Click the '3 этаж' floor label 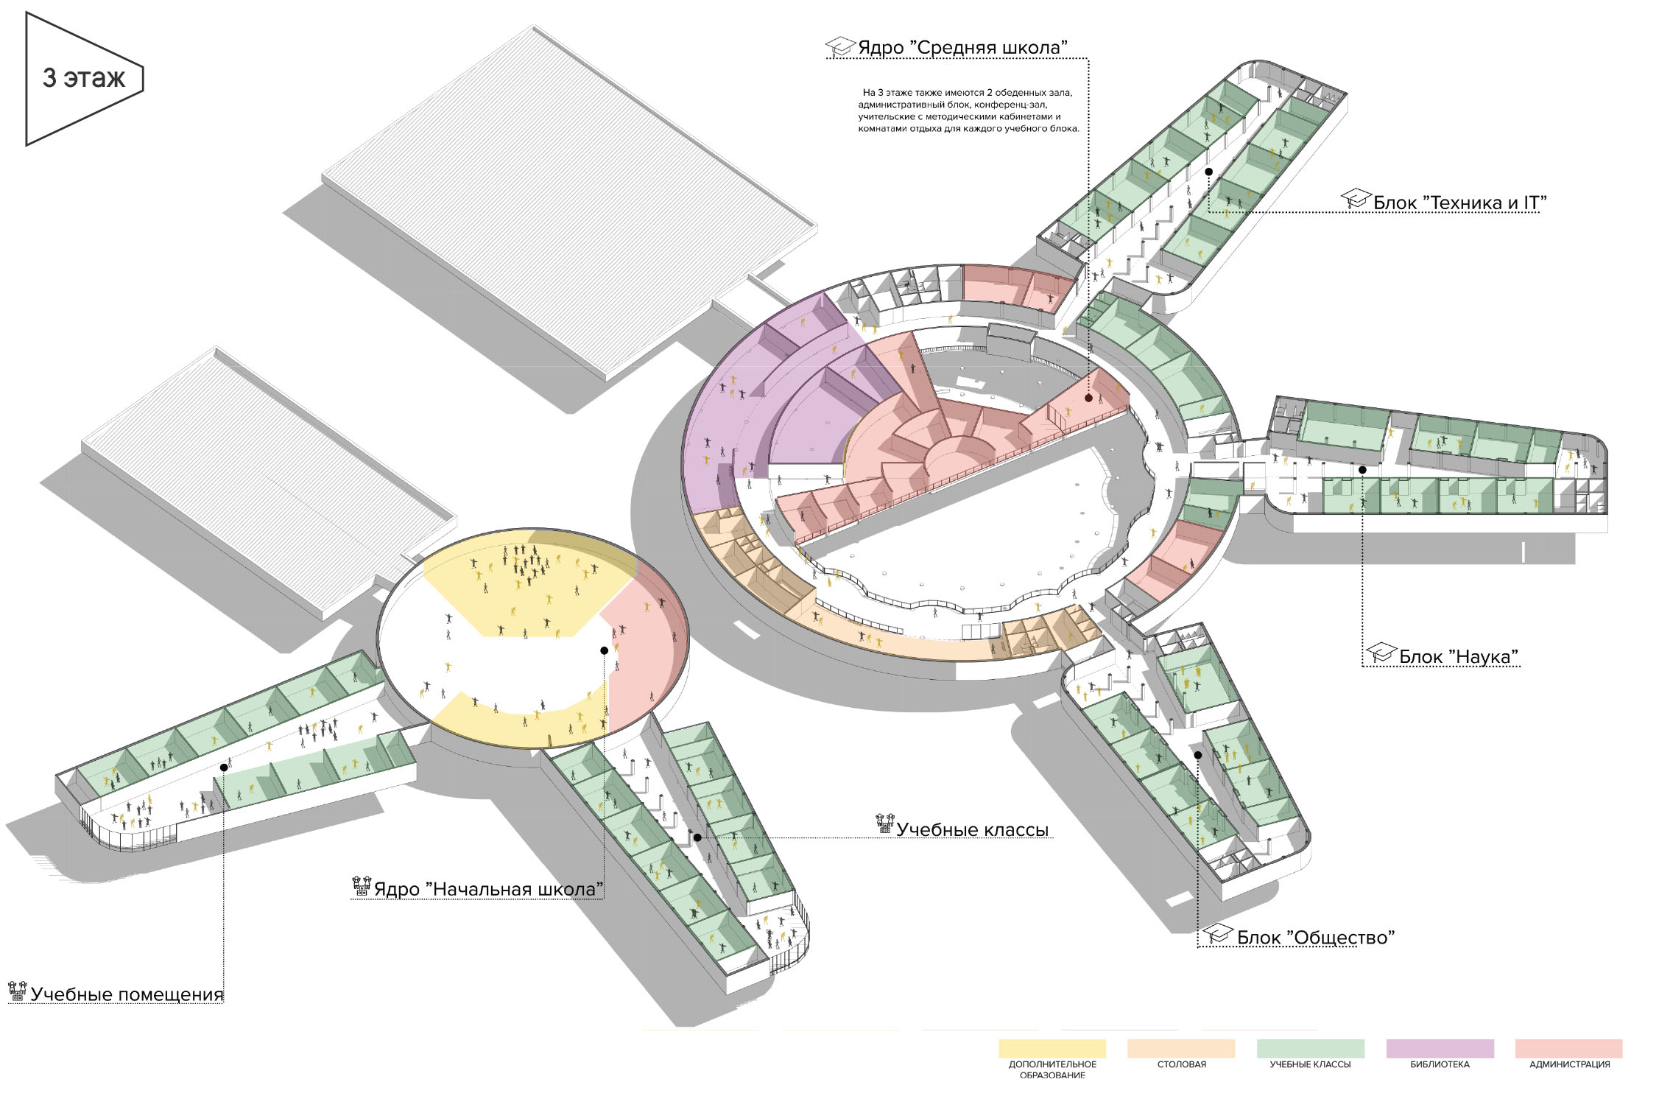pos(84,78)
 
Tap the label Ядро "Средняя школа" pos(963,48)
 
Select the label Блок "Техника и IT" pos(1459,203)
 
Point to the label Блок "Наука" pos(1459,657)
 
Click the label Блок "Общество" pos(1315,938)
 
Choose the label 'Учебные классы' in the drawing pos(972,830)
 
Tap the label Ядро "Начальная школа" pos(488,890)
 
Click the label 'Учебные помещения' pos(127,995)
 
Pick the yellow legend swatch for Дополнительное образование pos(1052,1048)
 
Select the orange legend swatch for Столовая pos(1181,1048)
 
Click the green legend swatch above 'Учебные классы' pos(1310,1048)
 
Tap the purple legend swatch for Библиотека pos(1440,1048)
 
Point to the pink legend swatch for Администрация pos(1568,1048)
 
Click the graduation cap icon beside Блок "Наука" pos(1381,653)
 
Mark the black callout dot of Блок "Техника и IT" pos(1208,172)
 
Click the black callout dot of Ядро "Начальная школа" pos(605,650)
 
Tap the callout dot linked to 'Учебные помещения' pos(224,767)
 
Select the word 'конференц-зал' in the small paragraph pos(1016,105)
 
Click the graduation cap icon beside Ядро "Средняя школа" pos(840,46)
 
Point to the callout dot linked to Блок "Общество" pos(1198,755)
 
